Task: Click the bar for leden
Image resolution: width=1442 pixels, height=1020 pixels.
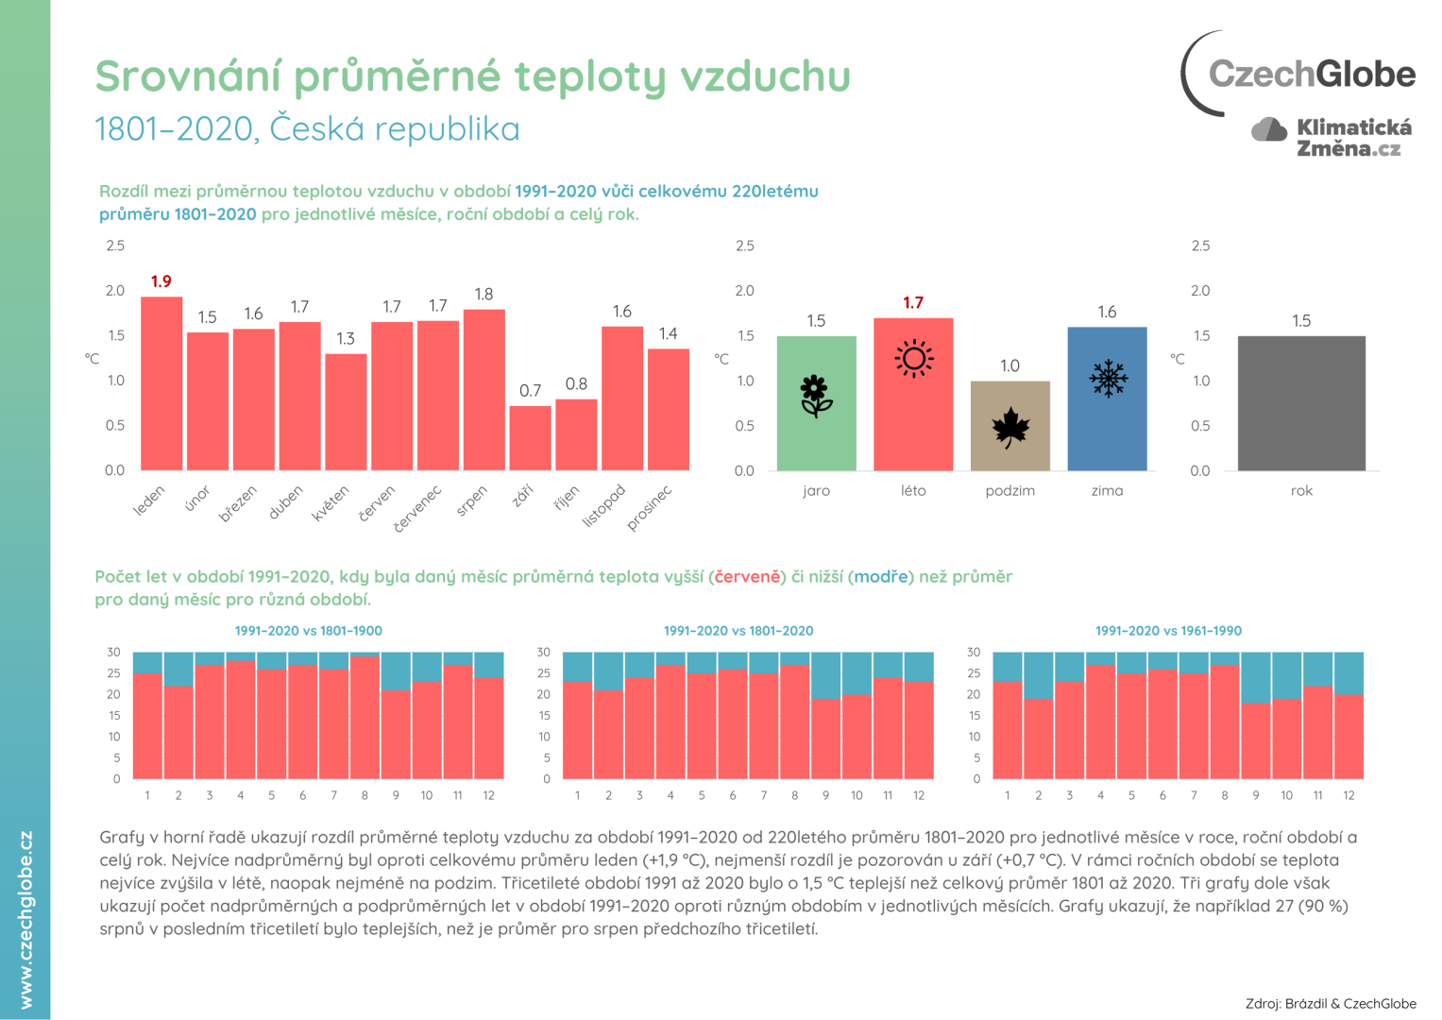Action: click(161, 383)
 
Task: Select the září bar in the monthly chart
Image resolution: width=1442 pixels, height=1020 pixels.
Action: click(530, 438)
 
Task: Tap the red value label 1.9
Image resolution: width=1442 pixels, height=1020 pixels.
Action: click(161, 281)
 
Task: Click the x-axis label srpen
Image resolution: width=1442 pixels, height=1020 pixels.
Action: click(472, 501)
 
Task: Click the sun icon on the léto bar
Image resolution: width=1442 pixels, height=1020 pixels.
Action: click(913, 359)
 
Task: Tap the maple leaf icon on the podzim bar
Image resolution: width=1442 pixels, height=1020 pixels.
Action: click(1009, 428)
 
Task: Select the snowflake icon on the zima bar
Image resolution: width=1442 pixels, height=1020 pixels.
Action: click(1108, 378)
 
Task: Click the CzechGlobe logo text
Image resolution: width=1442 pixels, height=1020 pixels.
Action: click(1311, 74)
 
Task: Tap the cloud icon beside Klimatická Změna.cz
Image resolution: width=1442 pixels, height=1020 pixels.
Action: click(1269, 130)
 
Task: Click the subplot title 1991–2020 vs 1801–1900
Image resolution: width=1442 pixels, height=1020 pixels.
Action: click(309, 631)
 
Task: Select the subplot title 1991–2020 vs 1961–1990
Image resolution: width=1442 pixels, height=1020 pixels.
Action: click(1168, 631)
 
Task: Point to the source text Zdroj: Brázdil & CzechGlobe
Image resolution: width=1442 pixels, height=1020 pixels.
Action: click(1330, 1003)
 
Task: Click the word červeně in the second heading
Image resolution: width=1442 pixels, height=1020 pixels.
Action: click(748, 577)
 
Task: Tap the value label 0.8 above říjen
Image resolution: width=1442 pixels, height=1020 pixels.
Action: click(576, 384)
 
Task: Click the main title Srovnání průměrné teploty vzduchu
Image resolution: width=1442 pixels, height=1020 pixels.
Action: click(472, 76)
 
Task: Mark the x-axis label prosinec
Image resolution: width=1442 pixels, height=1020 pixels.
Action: click(650, 508)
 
